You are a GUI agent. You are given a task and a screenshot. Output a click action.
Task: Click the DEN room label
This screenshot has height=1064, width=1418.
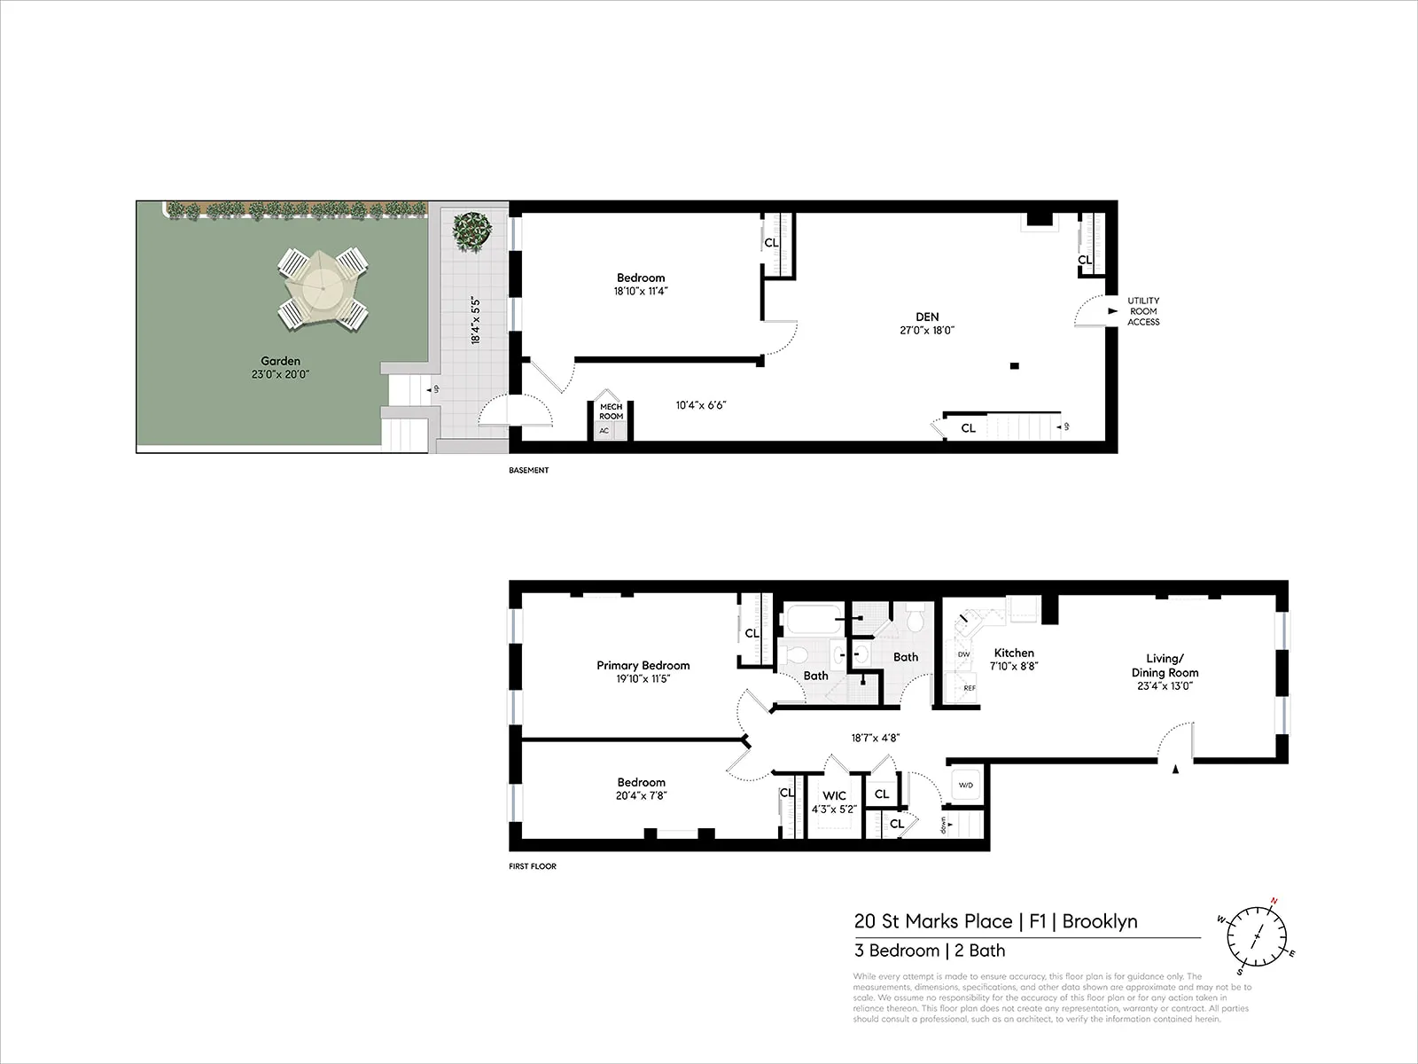927,317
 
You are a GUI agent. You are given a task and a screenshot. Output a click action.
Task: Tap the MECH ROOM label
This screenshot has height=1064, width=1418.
611,411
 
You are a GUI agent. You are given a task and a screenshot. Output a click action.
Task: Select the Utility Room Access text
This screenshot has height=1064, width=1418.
1143,311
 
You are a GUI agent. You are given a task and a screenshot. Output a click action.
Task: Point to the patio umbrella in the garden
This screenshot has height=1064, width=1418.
324,288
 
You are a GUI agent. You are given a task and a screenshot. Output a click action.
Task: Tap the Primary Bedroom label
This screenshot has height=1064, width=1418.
643,666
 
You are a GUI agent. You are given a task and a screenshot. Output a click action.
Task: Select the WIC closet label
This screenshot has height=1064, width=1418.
834,796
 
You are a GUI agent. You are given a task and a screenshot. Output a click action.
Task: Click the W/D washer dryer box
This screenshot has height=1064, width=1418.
964,786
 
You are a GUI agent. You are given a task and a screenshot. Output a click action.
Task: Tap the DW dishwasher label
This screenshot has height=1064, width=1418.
964,654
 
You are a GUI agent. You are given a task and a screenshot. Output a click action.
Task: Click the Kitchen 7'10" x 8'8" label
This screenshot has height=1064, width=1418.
1014,659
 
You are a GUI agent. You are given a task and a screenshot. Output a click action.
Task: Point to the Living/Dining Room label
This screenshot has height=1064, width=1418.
1165,665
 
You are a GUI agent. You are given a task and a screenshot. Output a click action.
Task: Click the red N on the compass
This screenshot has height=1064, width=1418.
1274,901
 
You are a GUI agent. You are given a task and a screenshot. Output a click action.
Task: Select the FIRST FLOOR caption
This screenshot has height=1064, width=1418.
533,866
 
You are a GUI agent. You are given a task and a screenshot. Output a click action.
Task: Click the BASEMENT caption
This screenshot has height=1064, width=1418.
528,470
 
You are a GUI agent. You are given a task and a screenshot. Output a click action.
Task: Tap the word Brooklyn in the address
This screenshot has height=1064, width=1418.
1100,921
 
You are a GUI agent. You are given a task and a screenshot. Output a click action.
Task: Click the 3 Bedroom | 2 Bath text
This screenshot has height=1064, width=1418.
929,951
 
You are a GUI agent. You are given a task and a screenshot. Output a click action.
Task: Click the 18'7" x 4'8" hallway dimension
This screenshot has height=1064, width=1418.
875,737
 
